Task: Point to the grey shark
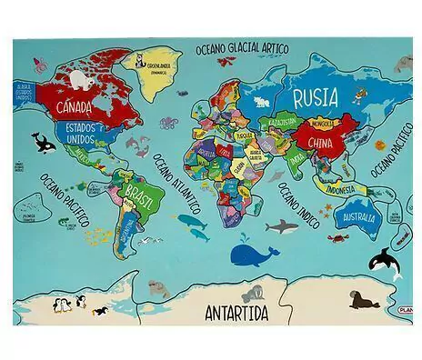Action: click(x=284, y=225)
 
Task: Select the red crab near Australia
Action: click(x=335, y=238)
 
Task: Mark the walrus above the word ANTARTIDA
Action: click(x=256, y=293)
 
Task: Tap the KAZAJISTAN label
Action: click(x=279, y=121)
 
